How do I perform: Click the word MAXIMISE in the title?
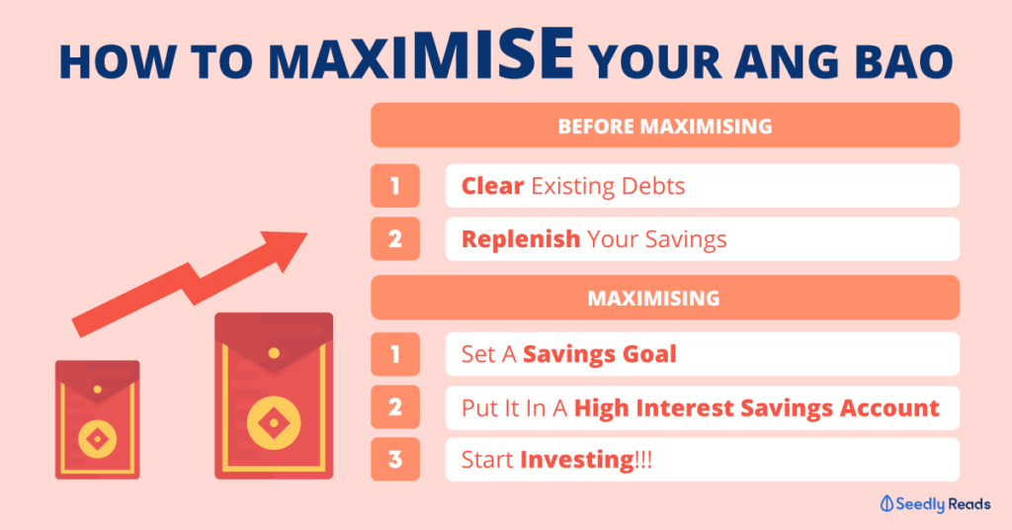[421, 55]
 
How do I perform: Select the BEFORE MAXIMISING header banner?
[665, 126]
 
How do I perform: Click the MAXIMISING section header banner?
[665, 298]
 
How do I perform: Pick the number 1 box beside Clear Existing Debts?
[395, 186]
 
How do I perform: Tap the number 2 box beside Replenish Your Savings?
[395, 239]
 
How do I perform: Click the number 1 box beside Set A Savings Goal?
[395, 354]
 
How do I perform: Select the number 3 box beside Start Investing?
[395, 459]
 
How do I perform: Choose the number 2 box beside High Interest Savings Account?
[395, 406]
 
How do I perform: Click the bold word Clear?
[492, 186]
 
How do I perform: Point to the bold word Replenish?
[521, 239]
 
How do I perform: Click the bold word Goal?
[649, 354]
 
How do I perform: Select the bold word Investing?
[577, 460]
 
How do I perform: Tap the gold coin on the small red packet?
[98, 439]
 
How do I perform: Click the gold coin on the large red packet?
[274, 423]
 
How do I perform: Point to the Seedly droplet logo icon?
[887, 503]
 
